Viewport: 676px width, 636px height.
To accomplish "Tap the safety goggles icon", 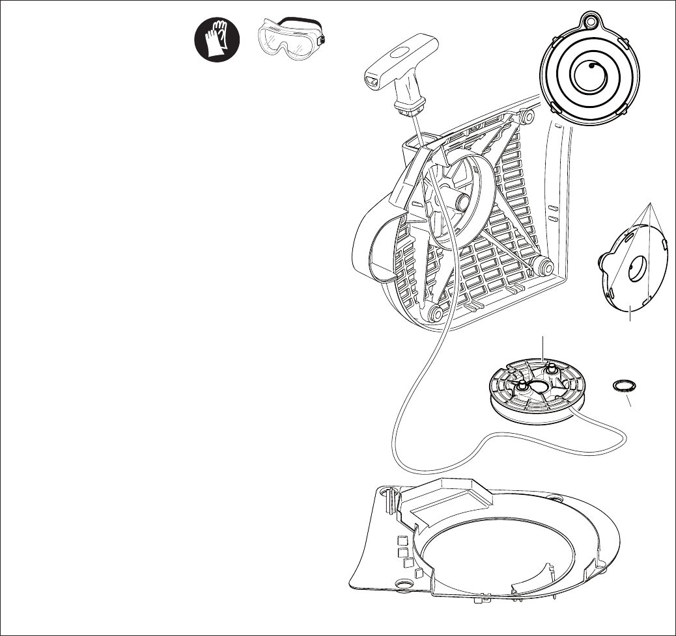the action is pyautogui.click(x=290, y=40).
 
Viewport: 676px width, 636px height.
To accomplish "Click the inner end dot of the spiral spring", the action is pyautogui.click(x=590, y=66).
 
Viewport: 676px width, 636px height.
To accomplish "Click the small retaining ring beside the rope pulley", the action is pyautogui.click(x=623, y=386).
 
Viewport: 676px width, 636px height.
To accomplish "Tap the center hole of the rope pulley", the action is pyautogui.click(x=540, y=389).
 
